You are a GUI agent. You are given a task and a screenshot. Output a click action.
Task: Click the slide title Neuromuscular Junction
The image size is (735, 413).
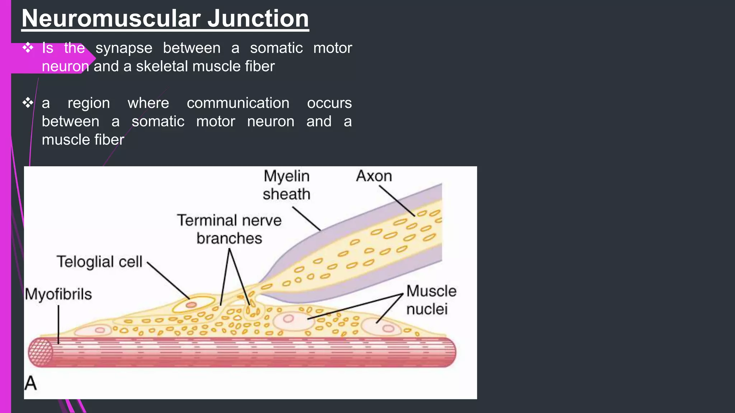(165, 19)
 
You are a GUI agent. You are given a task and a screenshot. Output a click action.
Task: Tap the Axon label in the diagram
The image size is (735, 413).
(374, 176)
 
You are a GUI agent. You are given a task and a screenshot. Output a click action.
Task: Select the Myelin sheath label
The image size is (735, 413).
(286, 185)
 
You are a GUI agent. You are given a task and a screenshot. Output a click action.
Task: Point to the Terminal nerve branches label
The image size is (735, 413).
(229, 229)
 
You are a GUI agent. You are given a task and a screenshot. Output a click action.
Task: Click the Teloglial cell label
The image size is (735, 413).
(99, 262)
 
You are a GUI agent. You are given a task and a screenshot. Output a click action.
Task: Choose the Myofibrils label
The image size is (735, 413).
(58, 294)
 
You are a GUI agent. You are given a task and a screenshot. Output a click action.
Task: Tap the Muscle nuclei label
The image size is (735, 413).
(431, 300)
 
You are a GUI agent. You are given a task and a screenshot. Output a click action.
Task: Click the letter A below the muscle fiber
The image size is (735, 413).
(31, 383)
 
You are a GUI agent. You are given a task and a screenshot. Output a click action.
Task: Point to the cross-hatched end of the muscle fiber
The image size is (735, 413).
(41, 352)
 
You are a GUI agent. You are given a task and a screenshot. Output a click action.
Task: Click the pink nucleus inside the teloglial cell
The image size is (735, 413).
(191, 305)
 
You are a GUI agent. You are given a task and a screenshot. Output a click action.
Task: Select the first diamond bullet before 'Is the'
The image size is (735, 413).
(28, 48)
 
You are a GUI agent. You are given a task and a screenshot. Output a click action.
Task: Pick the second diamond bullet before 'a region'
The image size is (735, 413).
(28, 103)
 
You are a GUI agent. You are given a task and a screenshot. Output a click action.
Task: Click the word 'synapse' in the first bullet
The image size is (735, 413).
(124, 48)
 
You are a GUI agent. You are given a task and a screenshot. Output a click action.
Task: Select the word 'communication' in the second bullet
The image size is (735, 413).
(238, 103)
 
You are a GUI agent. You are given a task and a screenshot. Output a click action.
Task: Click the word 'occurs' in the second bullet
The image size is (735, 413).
(329, 103)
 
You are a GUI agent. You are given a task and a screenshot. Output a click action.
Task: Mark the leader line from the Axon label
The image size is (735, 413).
(397, 201)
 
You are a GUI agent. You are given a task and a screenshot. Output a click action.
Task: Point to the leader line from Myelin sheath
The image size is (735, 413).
(306, 218)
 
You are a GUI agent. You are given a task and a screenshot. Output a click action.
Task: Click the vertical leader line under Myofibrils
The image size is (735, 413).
(58, 324)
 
